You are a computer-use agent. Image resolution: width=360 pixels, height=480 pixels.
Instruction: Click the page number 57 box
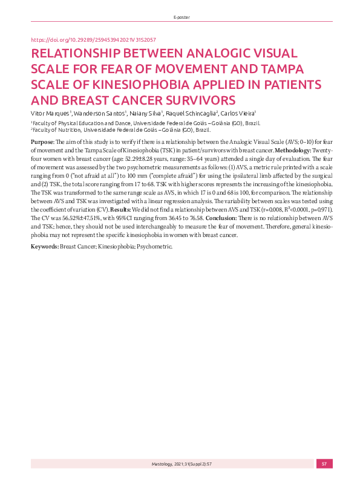coord(324,464)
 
